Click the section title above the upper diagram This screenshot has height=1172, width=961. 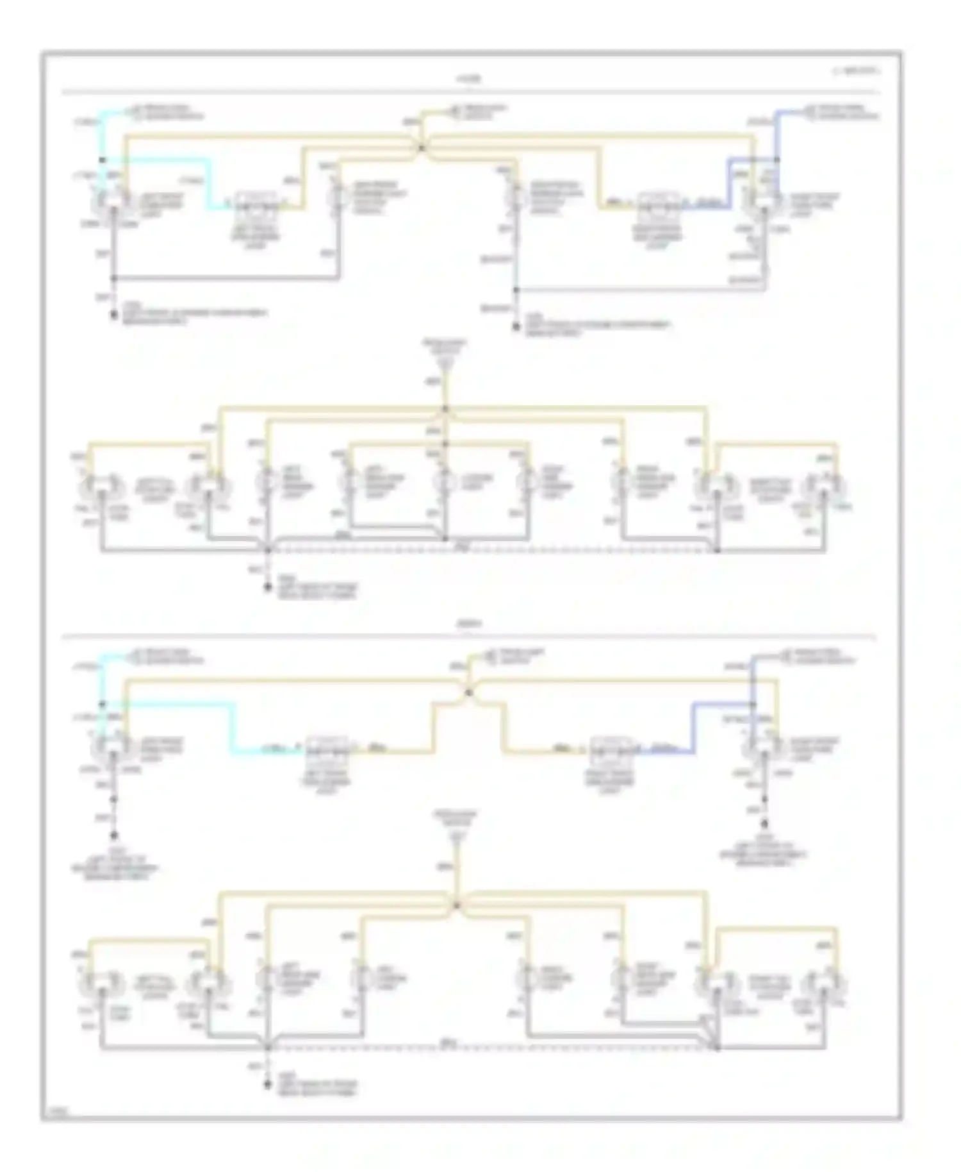click(x=468, y=79)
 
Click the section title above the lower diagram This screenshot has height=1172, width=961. click(x=468, y=623)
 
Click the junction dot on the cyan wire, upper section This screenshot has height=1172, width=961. click(x=102, y=160)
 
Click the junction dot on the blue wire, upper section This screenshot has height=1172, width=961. click(x=776, y=160)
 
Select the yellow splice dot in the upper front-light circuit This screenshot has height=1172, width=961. click(x=422, y=148)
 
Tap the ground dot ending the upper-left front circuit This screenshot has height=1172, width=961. click(x=114, y=315)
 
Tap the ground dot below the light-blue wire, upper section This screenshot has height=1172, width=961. click(x=516, y=327)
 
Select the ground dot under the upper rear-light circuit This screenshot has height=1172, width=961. click(x=268, y=587)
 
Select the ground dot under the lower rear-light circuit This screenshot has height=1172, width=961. click(x=268, y=1084)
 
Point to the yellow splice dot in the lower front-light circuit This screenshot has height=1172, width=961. click(x=468, y=692)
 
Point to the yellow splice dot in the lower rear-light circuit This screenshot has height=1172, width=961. click(x=456, y=905)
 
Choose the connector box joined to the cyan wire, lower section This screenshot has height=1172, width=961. click(x=327, y=749)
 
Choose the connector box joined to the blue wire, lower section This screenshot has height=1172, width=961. click(x=612, y=749)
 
